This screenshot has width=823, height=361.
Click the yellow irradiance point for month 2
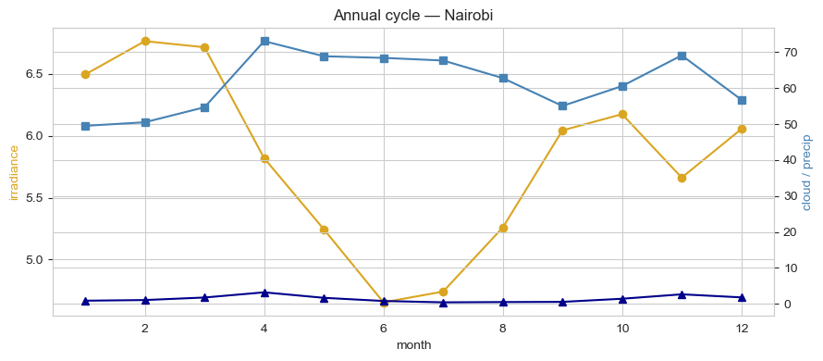[145, 41]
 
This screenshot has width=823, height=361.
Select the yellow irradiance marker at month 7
[443, 292]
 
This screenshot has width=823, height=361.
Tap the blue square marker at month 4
[264, 41]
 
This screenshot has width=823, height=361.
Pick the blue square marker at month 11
[682, 56]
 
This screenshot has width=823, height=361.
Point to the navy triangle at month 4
[264, 293]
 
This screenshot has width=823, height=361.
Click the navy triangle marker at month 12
[742, 297]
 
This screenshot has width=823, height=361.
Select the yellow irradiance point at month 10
[622, 114]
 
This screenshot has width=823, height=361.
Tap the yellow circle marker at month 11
[682, 178]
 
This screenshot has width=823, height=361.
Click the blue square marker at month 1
[85, 126]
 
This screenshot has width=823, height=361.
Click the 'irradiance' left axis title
[14, 172]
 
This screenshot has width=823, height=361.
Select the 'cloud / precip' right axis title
[806, 172]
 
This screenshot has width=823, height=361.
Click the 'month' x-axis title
[412, 345]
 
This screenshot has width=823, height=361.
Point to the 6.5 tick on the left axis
[33, 74]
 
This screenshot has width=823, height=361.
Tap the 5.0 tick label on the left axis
[33, 260]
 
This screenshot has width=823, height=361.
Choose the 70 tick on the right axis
[788, 53]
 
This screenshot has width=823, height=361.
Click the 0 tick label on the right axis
[785, 305]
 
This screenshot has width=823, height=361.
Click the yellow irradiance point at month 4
[264, 158]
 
